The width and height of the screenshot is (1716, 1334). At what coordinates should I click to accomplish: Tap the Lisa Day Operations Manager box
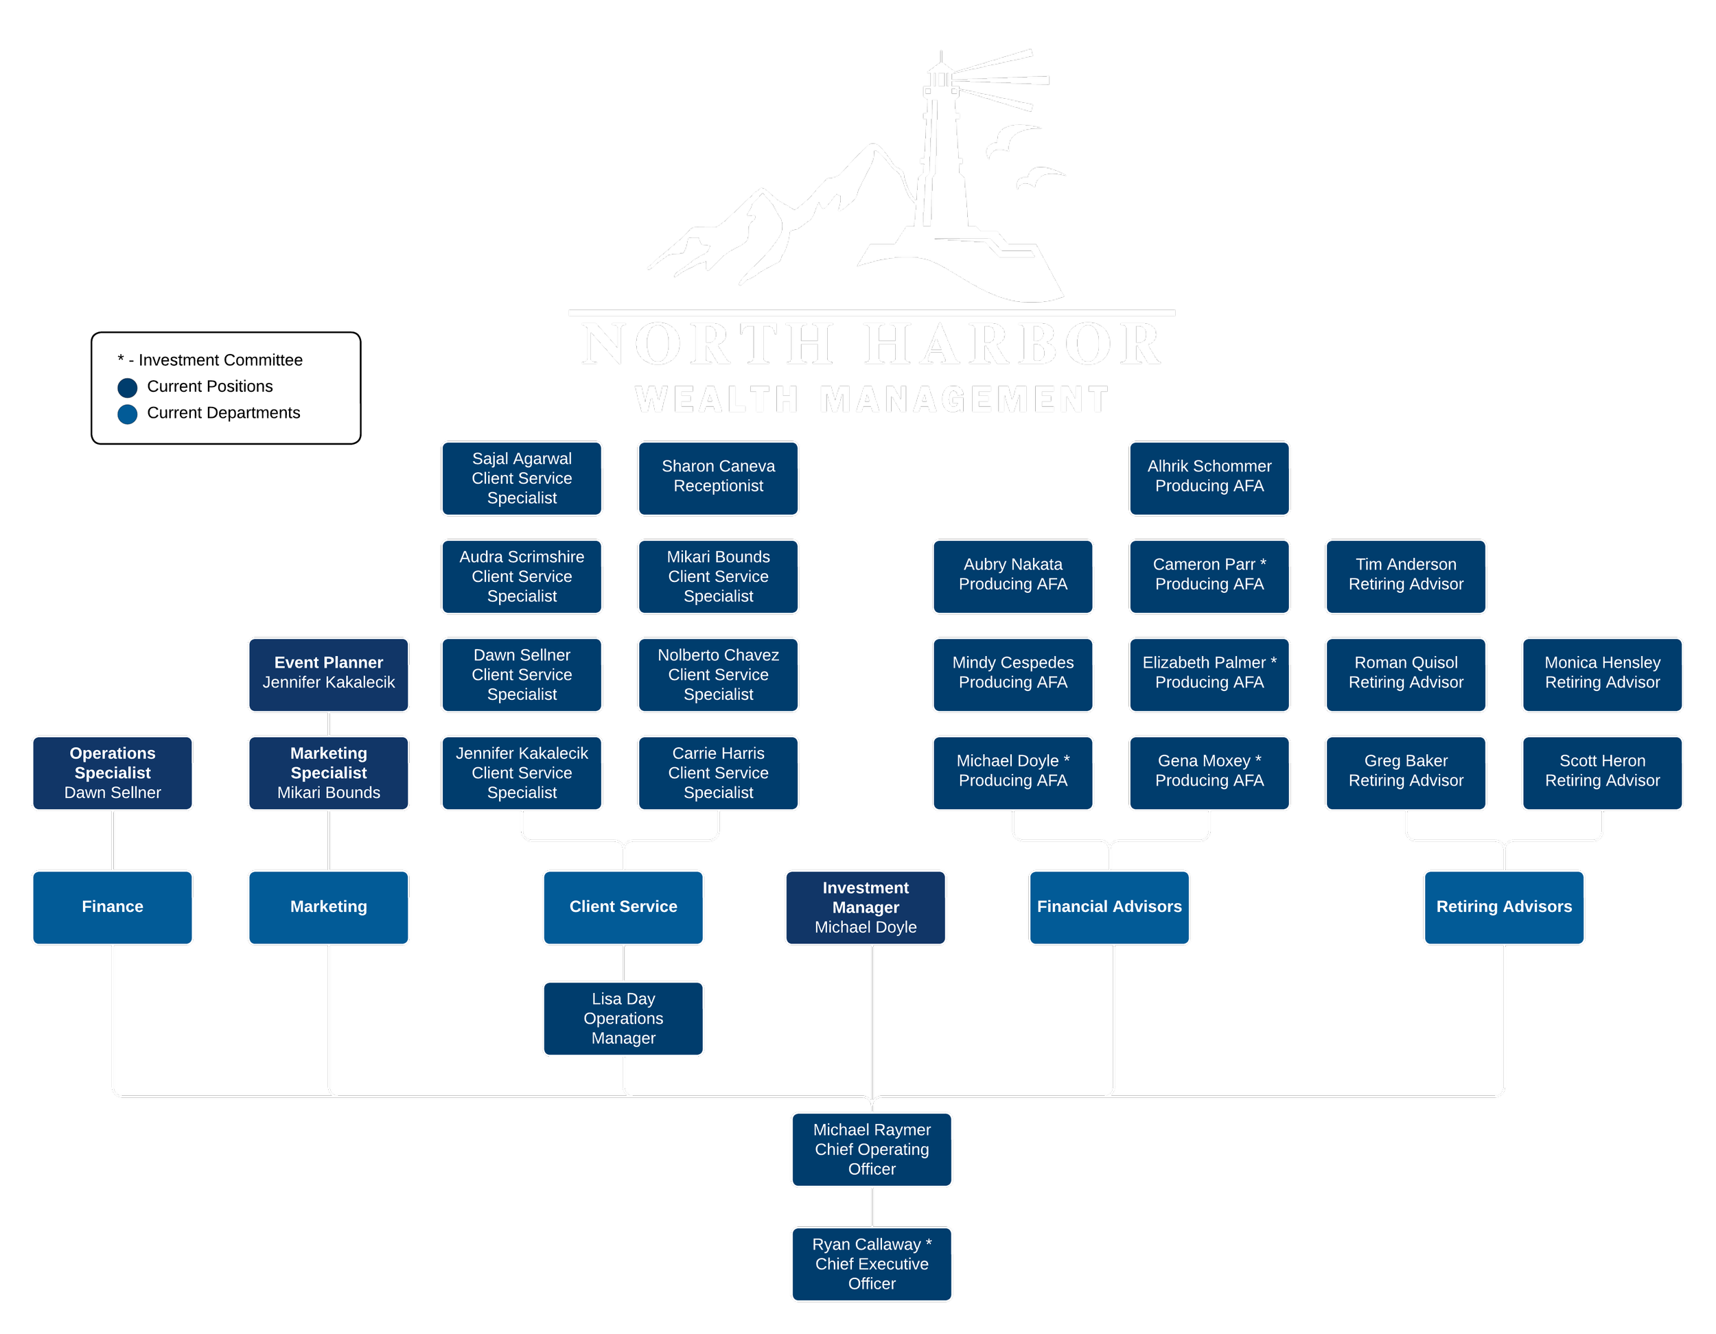(623, 1018)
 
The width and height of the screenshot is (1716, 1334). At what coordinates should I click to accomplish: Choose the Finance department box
(113, 907)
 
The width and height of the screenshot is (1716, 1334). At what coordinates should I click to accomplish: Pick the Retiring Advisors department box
(1504, 907)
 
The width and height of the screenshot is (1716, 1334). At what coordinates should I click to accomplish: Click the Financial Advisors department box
(1109, 907)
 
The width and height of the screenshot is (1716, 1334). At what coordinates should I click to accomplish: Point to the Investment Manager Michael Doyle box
(865, 907)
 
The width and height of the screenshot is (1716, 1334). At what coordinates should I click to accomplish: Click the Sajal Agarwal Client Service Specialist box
(522, 478)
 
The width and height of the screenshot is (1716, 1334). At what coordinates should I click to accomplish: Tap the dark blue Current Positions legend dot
(127, 387)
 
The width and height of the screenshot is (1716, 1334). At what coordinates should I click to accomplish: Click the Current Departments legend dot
(127, 414)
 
